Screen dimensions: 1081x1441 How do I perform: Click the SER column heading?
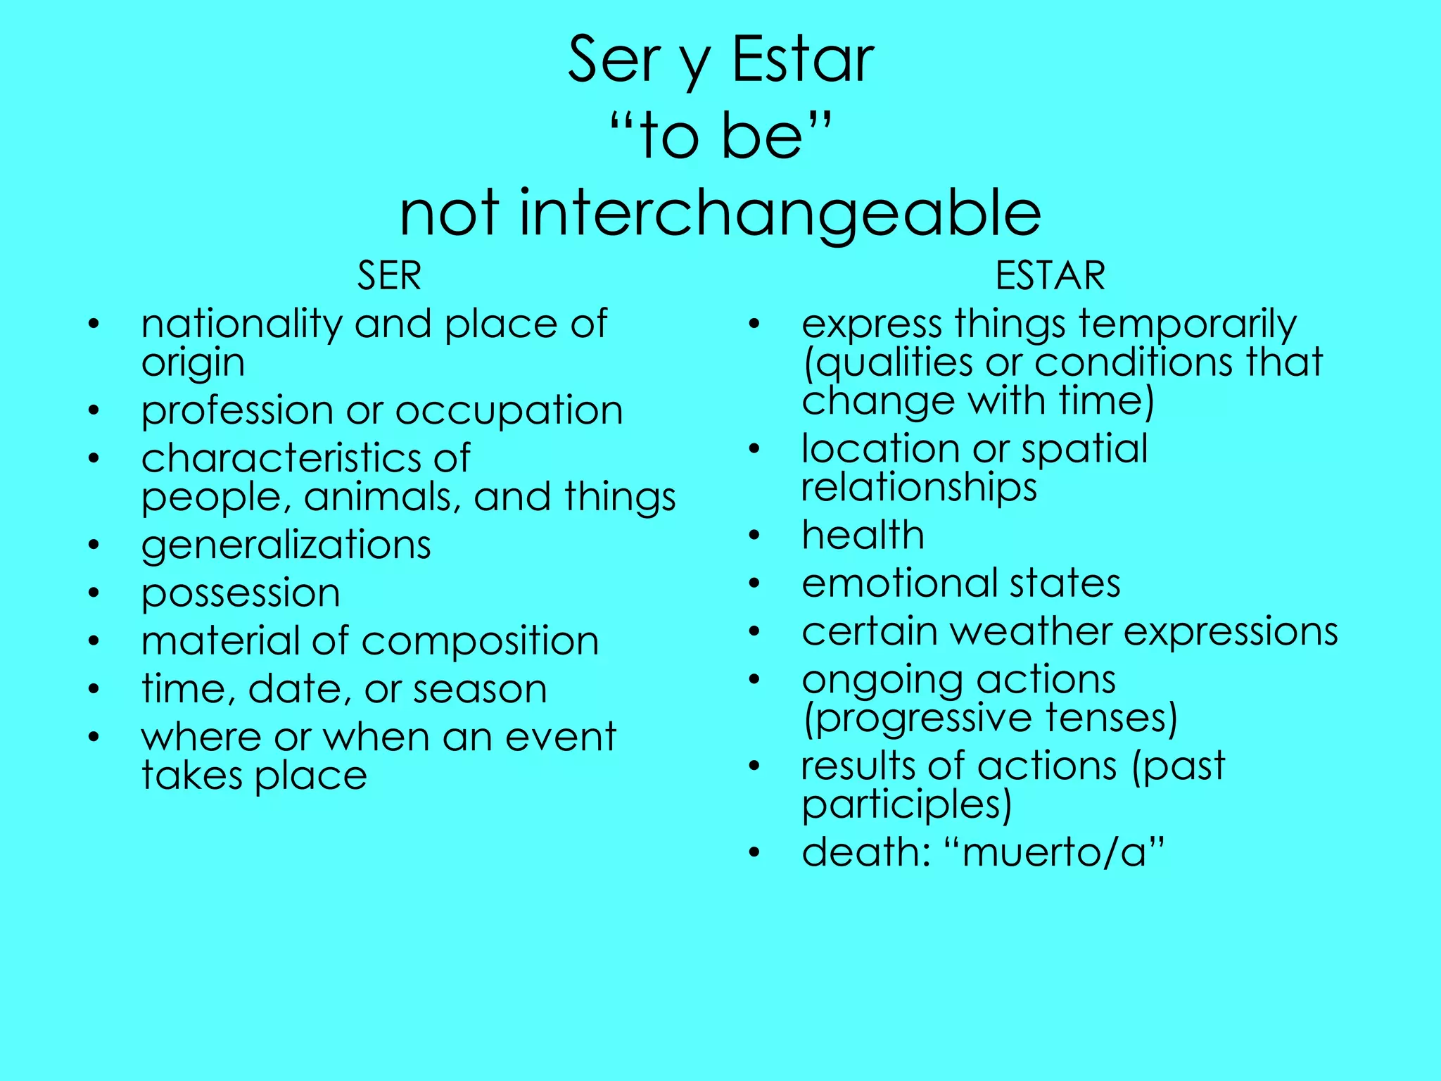pos(389,275)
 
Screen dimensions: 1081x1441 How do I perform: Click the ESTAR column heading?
pos(1050,275)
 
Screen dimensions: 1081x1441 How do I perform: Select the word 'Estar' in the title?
pos(803,60)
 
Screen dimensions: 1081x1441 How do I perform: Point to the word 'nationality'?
pos(242,324)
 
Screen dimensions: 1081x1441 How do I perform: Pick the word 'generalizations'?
pos(286,546)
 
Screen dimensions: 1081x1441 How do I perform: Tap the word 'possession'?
pos(241,594)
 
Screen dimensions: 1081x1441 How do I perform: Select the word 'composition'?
pos(480,642)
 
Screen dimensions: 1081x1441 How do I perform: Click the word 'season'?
pos(480,690)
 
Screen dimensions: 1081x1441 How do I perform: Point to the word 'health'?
pos(863,535)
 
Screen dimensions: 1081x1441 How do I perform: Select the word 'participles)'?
pos(906,805)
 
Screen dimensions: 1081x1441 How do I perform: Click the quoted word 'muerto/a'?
pos(1054,853)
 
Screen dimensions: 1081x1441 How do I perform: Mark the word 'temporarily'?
pos(1187,324)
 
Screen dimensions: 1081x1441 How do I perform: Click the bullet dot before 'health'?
pos(754,536)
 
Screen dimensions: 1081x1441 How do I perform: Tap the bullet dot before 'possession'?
pos(94,593)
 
